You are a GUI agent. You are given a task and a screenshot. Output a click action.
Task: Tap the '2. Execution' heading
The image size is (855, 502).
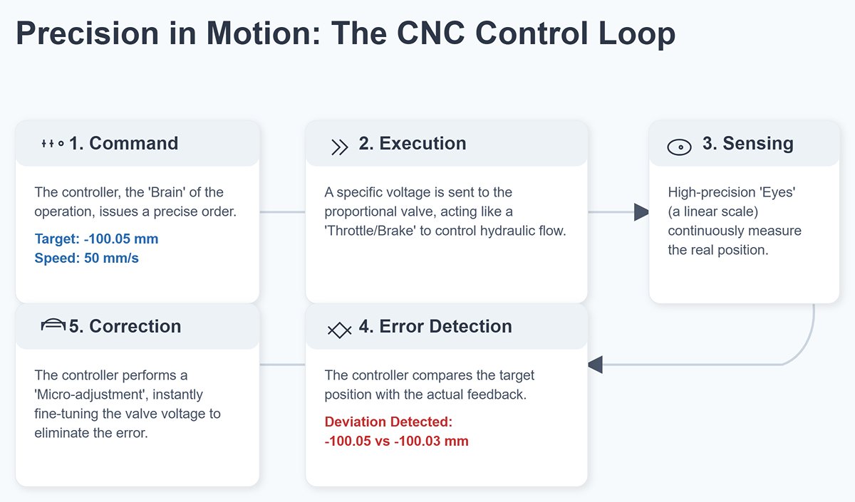point(412,143)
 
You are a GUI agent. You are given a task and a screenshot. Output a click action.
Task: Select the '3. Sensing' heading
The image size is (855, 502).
point(747,143)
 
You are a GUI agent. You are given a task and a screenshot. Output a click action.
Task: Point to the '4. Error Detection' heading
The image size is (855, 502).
point(435,326)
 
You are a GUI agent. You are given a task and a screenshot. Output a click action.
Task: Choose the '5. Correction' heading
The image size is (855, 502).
point(125,326)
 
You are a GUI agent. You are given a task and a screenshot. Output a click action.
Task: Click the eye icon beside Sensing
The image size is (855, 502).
point(679,147)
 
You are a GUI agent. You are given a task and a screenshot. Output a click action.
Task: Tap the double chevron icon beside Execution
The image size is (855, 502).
point(340,147)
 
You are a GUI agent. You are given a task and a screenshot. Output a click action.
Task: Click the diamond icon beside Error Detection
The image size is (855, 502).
point(338,330)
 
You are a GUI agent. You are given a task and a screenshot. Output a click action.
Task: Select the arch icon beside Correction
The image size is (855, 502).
point(53,325)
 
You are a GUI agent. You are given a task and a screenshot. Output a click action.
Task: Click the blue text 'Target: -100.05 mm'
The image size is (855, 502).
point(96,239)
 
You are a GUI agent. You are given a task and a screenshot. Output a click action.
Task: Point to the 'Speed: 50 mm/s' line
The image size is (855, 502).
point(86,258)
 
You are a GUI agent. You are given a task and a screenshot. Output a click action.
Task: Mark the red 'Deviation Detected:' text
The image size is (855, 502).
point(388,422)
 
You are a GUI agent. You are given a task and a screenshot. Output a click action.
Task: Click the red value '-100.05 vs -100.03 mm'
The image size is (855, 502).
point(396,441)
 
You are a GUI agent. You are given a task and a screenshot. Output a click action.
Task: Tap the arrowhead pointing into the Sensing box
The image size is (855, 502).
point(641,211)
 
